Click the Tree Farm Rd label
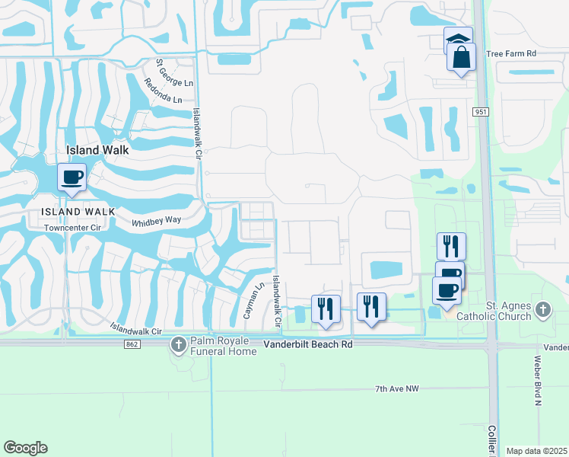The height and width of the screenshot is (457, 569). pos(510,53)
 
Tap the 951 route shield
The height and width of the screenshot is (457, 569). pos(479,112)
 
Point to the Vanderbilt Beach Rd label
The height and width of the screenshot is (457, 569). pos(308,344)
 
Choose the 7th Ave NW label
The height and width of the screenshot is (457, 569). pos(397,389)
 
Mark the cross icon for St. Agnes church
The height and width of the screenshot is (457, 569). pos(542,310)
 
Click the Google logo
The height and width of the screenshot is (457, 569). pos(25,448)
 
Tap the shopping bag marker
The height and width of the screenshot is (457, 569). pos(462,56)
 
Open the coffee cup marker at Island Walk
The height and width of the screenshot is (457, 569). pos(72,177)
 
